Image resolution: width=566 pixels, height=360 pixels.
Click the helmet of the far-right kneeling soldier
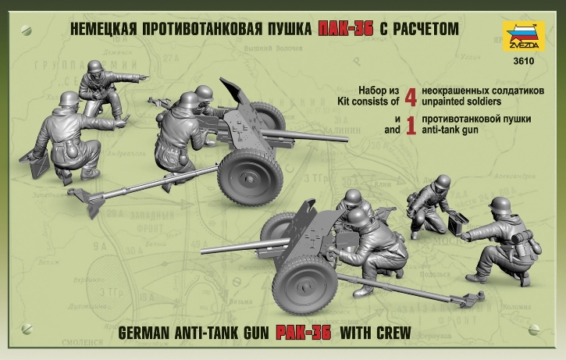(x=499, y=205)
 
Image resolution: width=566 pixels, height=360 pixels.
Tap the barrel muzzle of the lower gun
(x=205, y=251)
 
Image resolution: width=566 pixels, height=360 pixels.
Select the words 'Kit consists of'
(x=367, y=101)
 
